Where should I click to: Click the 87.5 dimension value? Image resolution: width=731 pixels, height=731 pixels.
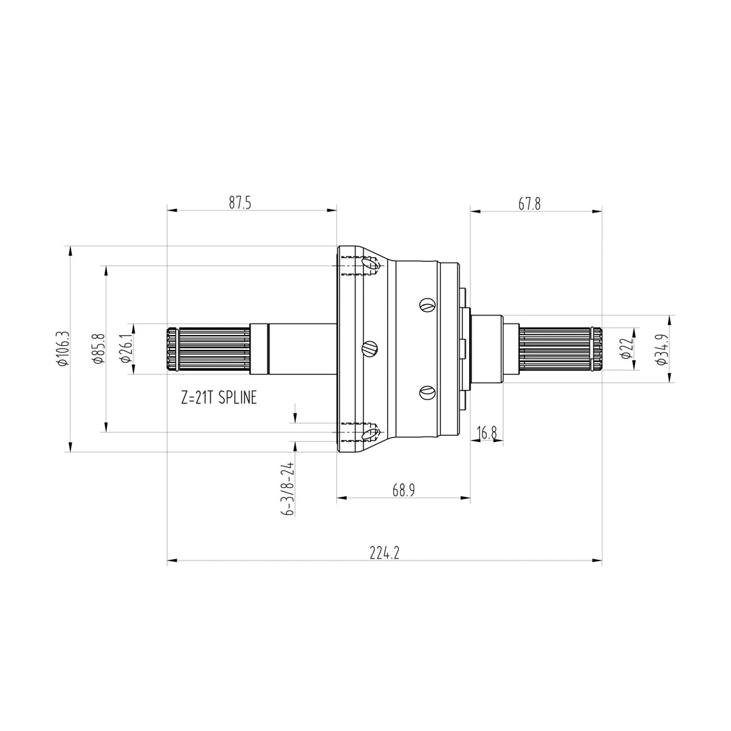240,203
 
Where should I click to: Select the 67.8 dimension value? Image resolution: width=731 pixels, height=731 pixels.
529,204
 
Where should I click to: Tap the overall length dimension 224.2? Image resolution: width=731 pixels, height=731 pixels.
384,553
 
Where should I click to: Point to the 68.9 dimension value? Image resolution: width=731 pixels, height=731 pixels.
403,491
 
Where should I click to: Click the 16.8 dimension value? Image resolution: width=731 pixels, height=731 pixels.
487,433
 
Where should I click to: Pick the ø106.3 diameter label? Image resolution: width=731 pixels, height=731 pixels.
63,349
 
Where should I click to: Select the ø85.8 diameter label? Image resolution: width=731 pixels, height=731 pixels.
99,349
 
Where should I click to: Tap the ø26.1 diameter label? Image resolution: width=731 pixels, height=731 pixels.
126,349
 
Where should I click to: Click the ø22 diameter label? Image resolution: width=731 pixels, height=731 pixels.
627,349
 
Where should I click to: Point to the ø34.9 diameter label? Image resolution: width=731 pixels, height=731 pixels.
663,349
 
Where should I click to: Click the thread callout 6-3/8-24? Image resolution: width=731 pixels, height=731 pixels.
288,489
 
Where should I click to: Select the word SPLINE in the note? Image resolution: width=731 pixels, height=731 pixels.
238,398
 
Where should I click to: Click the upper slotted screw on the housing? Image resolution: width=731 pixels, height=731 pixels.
426,305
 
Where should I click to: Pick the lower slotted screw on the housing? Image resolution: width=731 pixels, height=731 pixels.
426,392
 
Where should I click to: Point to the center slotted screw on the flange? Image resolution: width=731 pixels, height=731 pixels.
368,349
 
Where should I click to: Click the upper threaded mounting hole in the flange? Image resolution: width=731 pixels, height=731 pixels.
370,264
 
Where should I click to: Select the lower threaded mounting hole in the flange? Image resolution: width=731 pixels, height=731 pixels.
370,433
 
